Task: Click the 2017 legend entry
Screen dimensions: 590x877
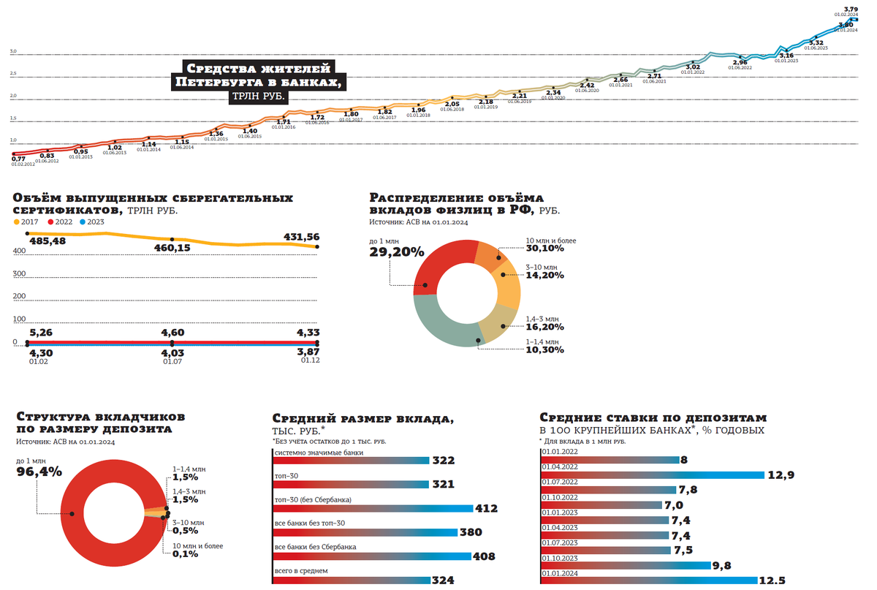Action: (29, 221)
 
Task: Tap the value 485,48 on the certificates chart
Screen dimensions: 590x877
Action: (47, 241)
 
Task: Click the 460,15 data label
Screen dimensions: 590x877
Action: (172, 249)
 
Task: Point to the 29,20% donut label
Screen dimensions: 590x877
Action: (397, 252)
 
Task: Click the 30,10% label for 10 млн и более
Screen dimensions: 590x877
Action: (545, 249)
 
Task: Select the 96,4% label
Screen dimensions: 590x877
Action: (39, 472)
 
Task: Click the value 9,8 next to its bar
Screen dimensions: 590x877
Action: (723, 565)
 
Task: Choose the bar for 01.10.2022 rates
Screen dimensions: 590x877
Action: (599, 505)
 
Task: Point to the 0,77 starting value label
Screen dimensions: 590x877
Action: (19, 159)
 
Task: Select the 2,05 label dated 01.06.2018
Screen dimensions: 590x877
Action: (452, 104)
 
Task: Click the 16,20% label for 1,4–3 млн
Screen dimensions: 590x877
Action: (544, 327)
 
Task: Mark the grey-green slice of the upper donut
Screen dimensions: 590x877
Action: (441, 328)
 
